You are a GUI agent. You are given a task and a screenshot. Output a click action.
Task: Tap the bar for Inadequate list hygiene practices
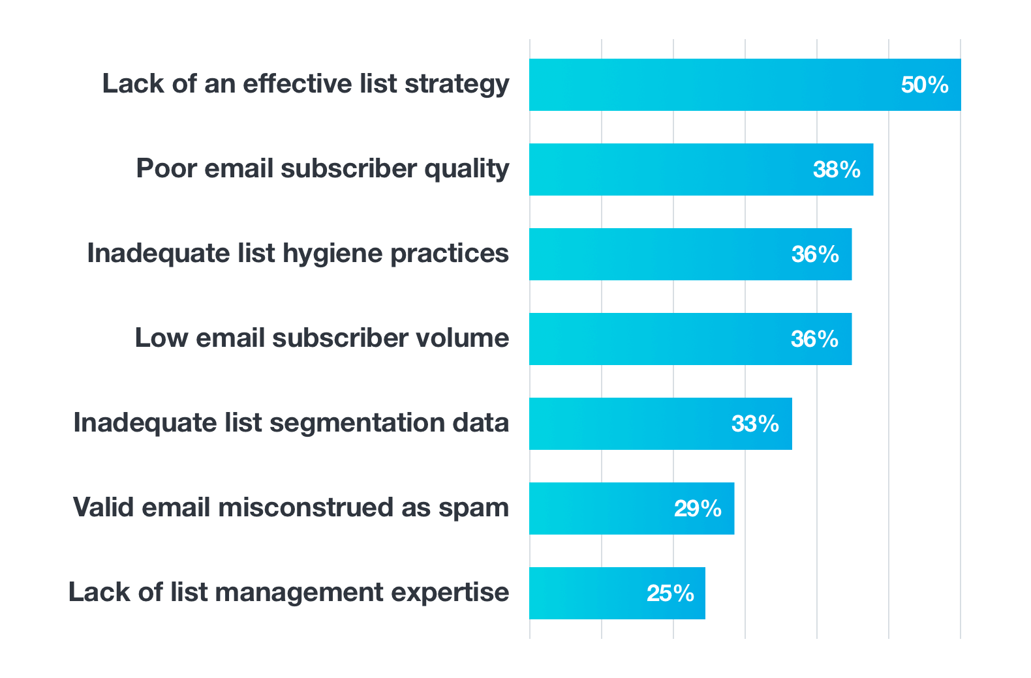coord(659,254)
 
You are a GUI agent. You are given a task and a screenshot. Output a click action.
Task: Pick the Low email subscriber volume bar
coord(659,339)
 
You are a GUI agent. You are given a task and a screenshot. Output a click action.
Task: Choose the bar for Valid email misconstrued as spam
coord(600,508)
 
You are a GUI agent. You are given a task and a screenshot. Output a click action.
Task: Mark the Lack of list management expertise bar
coord(587,593)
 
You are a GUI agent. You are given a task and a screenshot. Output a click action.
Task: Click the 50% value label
coord(925,85)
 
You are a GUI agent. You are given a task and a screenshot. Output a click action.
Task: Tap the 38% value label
coord(837,169)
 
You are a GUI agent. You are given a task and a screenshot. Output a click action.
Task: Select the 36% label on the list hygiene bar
coord(815,254)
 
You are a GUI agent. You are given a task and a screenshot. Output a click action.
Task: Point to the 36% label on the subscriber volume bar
coord(814,339)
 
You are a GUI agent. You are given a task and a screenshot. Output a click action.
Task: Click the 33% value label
coord(755,424)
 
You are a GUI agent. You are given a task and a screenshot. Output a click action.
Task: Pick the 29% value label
coord(698,508)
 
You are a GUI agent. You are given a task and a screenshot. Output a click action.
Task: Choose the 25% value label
coord(670,593)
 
